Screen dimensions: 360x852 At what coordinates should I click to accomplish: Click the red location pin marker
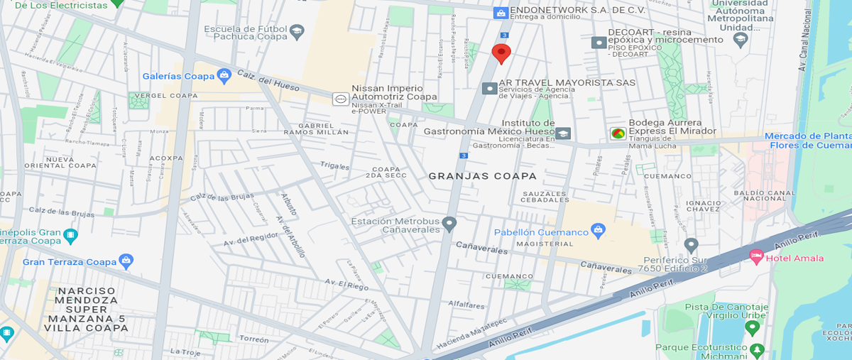point(501,53)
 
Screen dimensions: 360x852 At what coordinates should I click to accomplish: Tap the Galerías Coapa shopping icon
point(224,75)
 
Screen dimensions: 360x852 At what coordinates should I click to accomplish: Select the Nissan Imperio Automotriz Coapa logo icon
point(341,100)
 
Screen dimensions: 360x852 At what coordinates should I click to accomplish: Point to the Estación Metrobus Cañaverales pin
point(449,224)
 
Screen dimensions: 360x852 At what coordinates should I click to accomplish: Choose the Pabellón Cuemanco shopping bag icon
point(599,231)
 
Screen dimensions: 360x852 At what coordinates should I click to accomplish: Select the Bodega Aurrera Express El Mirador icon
point(618,133)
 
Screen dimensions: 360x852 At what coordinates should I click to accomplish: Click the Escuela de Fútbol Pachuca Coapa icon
point(296,31)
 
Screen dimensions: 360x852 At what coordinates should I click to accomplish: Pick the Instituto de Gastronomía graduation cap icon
point(563,133)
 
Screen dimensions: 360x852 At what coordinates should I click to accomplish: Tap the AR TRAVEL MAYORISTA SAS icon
point(489,88)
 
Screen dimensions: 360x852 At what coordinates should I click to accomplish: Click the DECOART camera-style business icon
point(599,43)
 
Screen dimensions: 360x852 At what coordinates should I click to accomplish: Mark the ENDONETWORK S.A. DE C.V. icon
point(501,13)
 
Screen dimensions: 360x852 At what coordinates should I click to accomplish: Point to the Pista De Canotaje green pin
point(752,327)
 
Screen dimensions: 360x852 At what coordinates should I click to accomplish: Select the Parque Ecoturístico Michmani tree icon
point(758,349)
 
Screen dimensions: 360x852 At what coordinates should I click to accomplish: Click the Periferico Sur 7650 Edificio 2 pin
point(691,246)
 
